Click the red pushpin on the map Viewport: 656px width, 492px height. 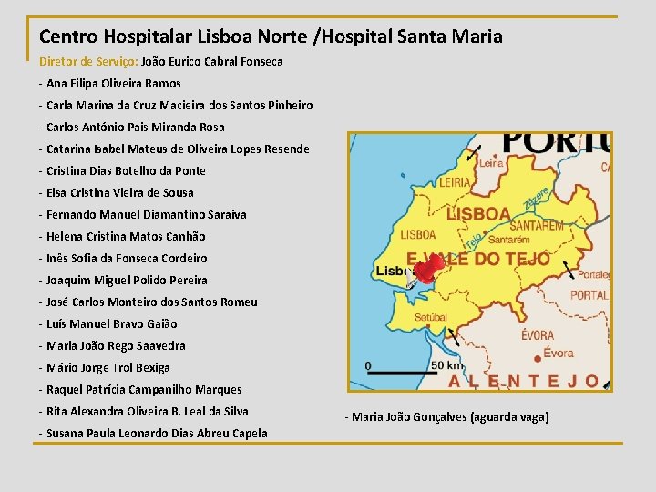tap(427, 267)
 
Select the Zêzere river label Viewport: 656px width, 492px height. tap(536, 196)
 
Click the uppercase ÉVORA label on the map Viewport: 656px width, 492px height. tap(538, 335)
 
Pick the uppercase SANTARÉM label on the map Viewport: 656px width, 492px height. tap(538, 225)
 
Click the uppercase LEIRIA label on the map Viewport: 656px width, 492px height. tap(456, 182)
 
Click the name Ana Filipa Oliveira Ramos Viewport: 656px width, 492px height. tap(113, 83)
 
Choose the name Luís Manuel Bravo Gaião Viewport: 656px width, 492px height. tap(111, 323)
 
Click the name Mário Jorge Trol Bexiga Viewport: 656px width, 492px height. tap(108, 367)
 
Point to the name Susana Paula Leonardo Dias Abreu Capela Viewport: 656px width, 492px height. tap(157, 433)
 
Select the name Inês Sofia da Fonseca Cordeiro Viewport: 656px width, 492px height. tap(127, 258)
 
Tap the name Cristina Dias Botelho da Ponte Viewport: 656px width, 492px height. tap(126, 170)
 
